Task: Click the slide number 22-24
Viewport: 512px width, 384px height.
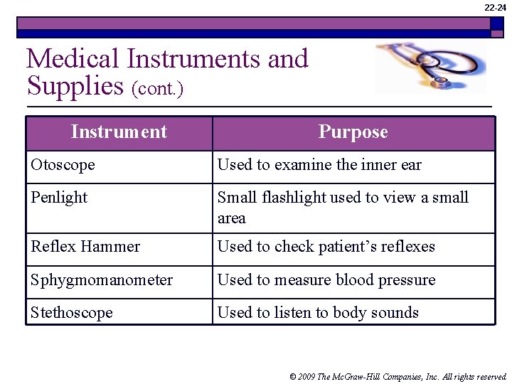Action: (495, 7)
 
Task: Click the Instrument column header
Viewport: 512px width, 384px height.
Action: (119, 132)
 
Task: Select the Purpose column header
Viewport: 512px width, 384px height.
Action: (353, 132)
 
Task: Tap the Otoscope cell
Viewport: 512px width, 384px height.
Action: (63, 165)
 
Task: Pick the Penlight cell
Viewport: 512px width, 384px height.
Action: (59, 198)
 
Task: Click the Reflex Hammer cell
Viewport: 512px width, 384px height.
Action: (85, 247)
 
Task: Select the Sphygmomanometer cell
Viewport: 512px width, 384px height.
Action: (102, 280)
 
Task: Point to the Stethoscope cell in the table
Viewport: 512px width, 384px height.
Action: (71, 313)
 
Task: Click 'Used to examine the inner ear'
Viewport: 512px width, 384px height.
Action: (319, 165)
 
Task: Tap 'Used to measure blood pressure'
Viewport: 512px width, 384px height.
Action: (326, 280)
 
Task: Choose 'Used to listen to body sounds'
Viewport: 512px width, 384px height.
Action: (318, 313)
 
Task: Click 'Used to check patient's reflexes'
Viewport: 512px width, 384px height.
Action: (326, 247)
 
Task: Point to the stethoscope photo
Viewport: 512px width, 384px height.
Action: (430, 68)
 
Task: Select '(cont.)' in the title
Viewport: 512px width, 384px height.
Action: (157, 89)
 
